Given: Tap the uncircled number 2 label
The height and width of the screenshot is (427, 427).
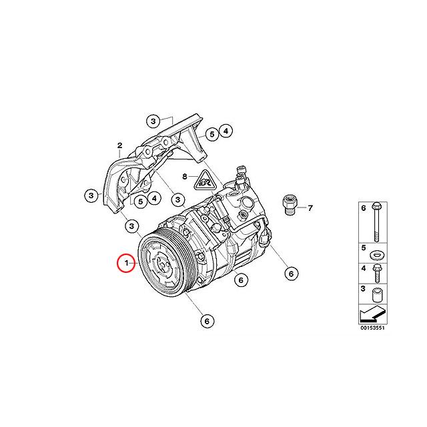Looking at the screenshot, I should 119,145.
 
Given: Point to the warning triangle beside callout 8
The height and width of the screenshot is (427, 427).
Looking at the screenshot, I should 206,179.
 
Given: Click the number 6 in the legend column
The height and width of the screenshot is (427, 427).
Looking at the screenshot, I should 363,209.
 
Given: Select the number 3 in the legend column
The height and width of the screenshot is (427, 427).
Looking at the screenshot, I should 363,288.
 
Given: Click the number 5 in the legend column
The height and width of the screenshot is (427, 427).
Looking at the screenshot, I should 363,248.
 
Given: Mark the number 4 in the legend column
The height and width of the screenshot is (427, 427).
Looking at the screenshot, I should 363,268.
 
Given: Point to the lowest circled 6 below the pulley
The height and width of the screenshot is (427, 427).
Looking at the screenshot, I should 207,321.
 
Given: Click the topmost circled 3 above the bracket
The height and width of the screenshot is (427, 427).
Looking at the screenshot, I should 153,121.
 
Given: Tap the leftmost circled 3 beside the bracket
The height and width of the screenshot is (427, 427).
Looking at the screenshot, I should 92,195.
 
